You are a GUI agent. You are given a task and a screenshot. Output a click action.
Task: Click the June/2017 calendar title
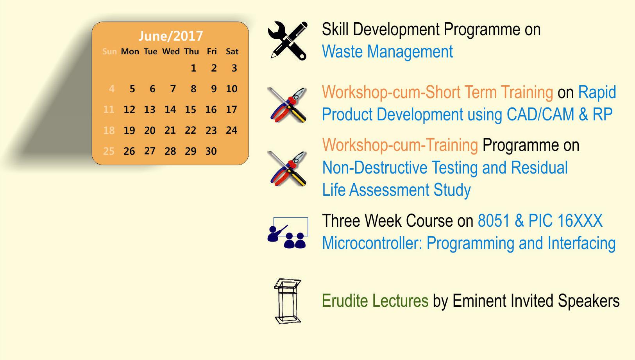coord(171,36)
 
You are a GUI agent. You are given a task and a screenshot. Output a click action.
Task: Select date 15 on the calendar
coord(191,109)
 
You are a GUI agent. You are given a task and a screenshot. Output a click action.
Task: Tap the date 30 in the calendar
coord(211,151)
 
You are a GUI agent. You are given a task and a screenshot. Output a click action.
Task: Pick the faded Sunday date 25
coord(109,151)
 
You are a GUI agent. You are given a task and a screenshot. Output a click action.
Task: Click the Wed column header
coord(171,51)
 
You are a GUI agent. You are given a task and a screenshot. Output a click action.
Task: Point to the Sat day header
coord(232,51)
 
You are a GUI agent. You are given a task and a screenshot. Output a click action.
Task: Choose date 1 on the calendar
coord(193,68)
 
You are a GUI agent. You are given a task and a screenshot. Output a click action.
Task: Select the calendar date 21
coord(170,130)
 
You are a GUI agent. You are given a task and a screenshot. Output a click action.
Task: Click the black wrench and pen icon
coord(288,41)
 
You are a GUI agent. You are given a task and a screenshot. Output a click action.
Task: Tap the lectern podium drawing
coord(288,301)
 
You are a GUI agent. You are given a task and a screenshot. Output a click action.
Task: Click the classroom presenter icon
coord(288,233)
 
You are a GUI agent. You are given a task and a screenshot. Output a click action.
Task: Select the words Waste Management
coord(387,52)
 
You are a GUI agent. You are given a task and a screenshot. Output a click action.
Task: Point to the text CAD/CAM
coord(540,114)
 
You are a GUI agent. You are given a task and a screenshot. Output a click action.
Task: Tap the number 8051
coord(494,220)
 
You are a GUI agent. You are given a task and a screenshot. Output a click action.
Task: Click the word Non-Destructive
coord(374,167)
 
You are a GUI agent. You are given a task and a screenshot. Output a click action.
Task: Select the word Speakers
coord(588,301)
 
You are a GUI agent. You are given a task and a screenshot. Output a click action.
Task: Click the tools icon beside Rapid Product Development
coord(288,105)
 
